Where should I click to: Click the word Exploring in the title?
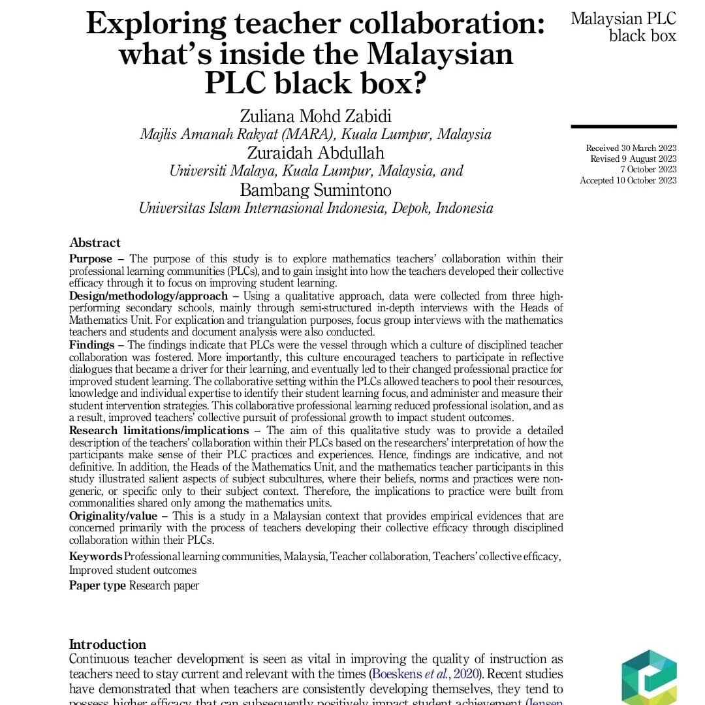(155, 25)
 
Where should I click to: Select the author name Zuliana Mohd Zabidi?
(316, 116)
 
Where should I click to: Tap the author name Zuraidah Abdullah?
(316, 153)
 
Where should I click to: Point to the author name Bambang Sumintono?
(316, 190)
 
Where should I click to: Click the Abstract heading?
(95, 243)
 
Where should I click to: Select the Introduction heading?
(108, 644)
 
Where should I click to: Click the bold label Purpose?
(91, 259)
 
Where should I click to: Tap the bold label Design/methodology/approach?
(148, 296)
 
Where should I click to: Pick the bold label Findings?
(91, 345)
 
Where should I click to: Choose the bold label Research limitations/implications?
(159, 431)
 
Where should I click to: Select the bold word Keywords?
(95, 556)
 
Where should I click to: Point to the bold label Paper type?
(97, 586)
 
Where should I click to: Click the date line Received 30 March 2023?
(631, 148)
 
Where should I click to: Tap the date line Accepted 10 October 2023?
(628, 181)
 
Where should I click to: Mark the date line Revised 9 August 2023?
(633, 159)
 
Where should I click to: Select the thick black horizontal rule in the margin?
(623, 126)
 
